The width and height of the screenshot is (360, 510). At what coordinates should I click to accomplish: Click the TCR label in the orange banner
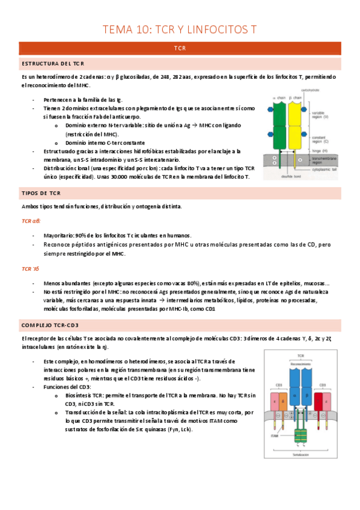coord(180,48)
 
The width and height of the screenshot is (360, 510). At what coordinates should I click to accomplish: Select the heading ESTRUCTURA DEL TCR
coord(53,63)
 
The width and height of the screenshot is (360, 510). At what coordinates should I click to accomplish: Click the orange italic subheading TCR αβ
coord(31,221)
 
